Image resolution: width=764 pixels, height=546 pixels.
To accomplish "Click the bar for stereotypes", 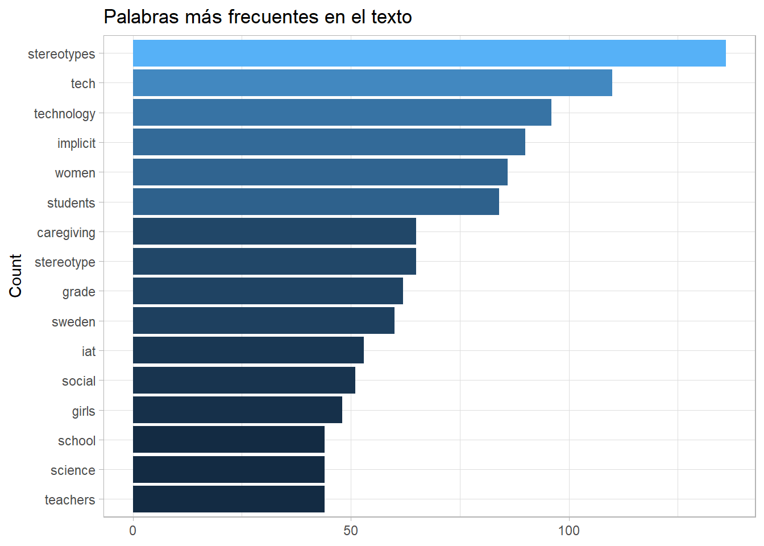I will pos(429,53).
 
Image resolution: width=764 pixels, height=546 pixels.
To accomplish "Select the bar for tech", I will pos(372,83).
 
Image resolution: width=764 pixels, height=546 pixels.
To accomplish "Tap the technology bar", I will pos(342,113).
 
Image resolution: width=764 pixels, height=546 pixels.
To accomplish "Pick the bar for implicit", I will pos(329,142).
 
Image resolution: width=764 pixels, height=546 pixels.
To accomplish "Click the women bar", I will pos(320,172).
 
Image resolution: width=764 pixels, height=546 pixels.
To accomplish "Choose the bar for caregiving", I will pos(274,231).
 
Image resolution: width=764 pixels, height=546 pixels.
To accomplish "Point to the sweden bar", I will pos(263,321).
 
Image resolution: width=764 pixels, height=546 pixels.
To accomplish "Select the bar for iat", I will pos(248,350).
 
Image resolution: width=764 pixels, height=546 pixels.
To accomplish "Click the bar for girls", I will pos(237,410).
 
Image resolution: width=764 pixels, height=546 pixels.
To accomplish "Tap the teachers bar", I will pos(229,499).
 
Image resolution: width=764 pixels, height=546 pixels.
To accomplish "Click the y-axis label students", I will pos(71,203).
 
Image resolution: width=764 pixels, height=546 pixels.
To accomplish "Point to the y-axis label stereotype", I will pos(65,262).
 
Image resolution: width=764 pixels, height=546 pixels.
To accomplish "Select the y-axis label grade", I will pos(78,292).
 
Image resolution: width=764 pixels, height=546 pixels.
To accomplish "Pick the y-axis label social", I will pos(78,381).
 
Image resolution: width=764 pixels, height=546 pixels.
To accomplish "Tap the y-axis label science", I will pos(73,470).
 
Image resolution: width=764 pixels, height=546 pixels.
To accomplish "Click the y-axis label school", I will pos(76,441).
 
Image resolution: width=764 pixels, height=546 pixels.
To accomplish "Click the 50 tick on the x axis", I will pos(351,531).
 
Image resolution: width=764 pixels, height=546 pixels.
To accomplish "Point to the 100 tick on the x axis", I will pos(568,531).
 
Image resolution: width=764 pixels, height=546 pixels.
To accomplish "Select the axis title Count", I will pos(15,276).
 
